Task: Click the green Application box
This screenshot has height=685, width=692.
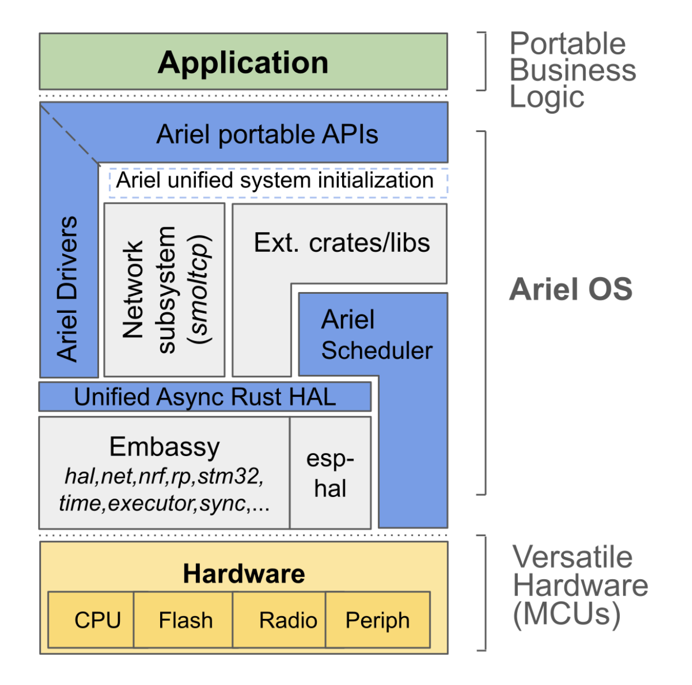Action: coord(243,62)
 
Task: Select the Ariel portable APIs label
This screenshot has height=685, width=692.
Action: coord(267,134)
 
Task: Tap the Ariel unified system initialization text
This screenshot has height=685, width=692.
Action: coord(274,181)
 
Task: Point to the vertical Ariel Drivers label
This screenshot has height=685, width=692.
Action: coord(68,289)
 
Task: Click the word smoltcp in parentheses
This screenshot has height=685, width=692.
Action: coord(200,290)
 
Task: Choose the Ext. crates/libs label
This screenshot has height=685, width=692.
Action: coord(342,243)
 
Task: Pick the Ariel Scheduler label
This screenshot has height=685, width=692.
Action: coord(376,335)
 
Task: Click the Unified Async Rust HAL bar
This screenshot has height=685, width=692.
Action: coord(205,397)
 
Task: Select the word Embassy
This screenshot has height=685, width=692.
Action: coord(165,447)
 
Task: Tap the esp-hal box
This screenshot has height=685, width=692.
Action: coord(330,473)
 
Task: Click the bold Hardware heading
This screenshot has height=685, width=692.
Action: coord(244,574)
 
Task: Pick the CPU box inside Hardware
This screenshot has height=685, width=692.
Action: coord(97,620)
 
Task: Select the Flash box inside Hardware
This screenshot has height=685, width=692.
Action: coord(185,620)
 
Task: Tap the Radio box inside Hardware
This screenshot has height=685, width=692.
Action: coord(288,620)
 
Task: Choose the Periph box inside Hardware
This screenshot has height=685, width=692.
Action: coord(377,620)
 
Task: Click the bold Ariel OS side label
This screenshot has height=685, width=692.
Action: coord(571,289)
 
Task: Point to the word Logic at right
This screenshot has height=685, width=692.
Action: coord(546,97)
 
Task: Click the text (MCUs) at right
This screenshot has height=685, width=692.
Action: coord(567,613)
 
